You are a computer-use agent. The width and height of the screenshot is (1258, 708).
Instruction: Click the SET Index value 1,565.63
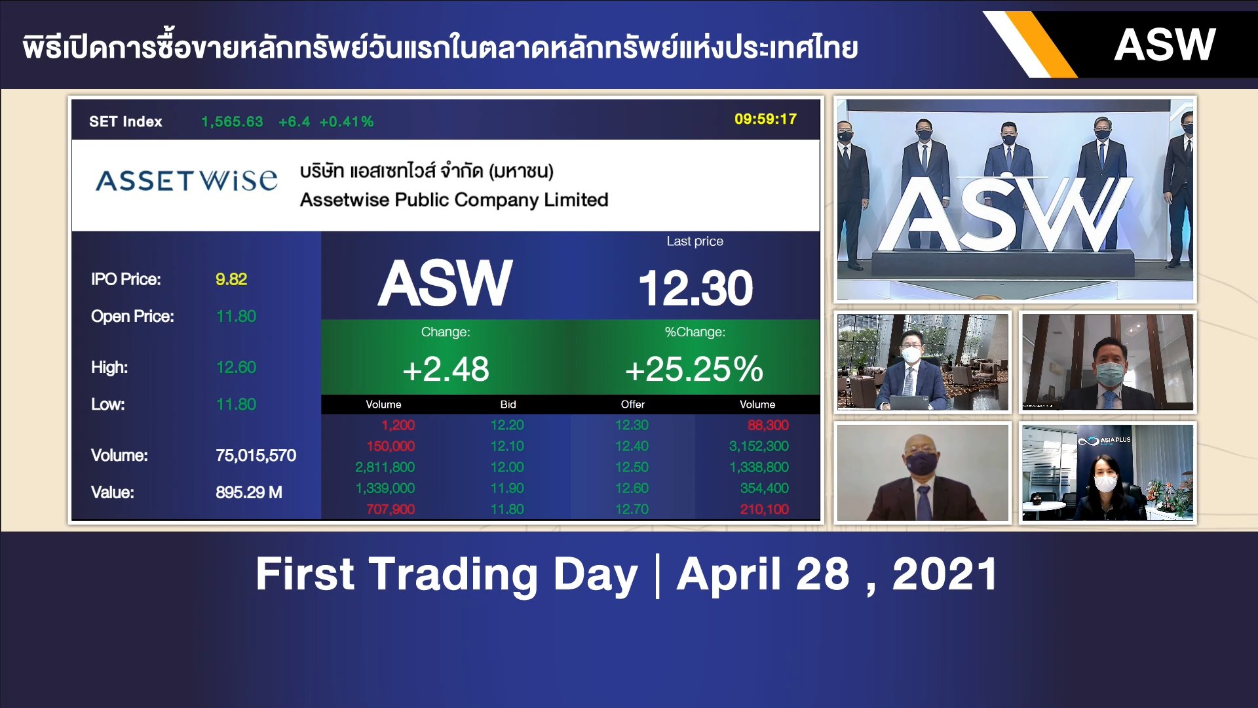coord(232,122)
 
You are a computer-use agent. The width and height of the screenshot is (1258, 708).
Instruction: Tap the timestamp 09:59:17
coord(765,119)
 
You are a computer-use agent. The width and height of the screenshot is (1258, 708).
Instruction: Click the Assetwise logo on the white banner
coord(187,180)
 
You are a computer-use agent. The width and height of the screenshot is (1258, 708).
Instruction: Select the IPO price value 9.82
coord(231,279)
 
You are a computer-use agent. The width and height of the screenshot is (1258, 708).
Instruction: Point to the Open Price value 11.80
coord(236,317)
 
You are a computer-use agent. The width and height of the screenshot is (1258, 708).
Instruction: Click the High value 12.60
coord(236,367)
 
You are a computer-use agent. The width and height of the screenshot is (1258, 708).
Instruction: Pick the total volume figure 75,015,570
coord(256,455)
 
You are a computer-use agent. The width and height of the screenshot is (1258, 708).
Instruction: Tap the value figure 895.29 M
coord(248,492)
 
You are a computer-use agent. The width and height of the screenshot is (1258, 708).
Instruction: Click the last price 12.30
coord(695,288)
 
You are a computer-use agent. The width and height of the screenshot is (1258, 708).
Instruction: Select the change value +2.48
coord(446,369)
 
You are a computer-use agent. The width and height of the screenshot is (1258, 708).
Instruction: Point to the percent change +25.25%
coord(694,369)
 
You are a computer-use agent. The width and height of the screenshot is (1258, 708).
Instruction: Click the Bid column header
coord(508,404)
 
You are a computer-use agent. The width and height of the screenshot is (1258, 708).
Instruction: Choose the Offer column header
coord(632,404)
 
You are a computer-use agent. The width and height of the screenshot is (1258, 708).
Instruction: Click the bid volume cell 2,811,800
coord(385,467)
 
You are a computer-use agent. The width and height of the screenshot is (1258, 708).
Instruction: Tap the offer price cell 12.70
coord(632,509)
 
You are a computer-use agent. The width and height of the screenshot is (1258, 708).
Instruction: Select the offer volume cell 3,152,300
coord(759,446)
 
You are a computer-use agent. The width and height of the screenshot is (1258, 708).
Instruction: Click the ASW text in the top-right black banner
coord(1164,45)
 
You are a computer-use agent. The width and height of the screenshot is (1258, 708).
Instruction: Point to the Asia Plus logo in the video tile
coord(1105,441)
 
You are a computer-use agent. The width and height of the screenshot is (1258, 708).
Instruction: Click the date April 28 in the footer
coord(763,574)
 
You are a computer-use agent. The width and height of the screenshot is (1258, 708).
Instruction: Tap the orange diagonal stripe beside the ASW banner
coord(1041,45)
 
